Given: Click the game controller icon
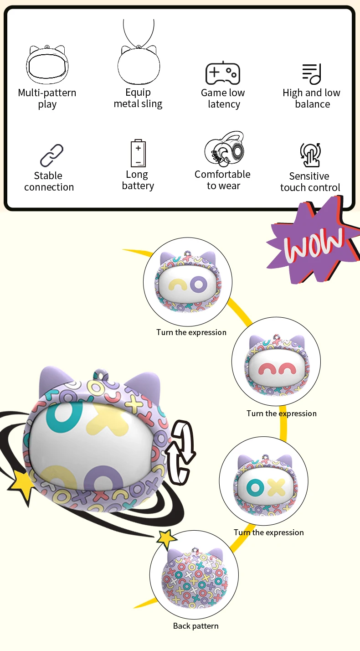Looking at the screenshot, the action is [223, 73].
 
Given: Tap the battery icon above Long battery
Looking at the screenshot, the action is [139, 153].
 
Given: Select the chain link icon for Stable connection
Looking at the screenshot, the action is [51, 155].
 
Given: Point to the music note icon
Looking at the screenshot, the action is [312, 74].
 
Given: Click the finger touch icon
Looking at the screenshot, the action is [310, 155].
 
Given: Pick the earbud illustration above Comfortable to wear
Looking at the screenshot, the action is [224, 149].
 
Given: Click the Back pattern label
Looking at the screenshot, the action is [196, 626].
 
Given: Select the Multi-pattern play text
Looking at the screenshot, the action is [47, 98].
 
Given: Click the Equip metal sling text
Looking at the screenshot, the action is [138, 98].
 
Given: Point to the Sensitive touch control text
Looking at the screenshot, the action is [310, 181].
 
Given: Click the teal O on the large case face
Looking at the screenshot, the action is [63, 418].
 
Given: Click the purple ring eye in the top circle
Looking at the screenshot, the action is [199, 284].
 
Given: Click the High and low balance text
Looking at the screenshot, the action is [312, 98].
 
